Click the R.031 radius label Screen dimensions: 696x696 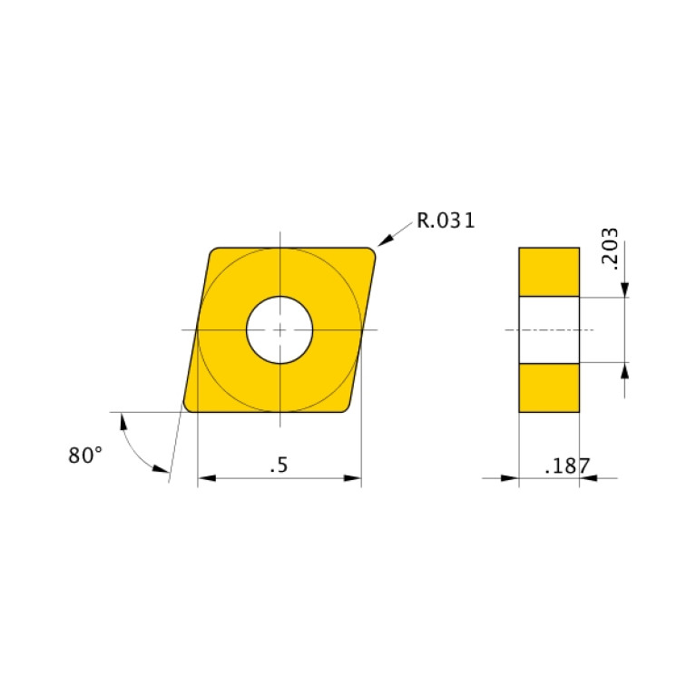446,220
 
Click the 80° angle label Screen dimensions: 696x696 85,456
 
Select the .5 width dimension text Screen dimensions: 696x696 279,466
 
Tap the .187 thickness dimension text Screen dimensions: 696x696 567,467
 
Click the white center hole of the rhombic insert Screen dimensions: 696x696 280,328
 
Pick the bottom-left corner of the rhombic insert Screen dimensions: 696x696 188,407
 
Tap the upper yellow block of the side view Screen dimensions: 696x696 549,271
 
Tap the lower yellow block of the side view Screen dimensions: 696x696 549,387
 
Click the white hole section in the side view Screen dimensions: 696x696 549,329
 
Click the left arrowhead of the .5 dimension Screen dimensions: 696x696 204,477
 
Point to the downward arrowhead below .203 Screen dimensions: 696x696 625,289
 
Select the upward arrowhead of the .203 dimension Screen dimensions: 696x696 625,369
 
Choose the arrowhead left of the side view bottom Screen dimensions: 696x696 511,477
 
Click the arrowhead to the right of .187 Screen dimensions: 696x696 587,477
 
